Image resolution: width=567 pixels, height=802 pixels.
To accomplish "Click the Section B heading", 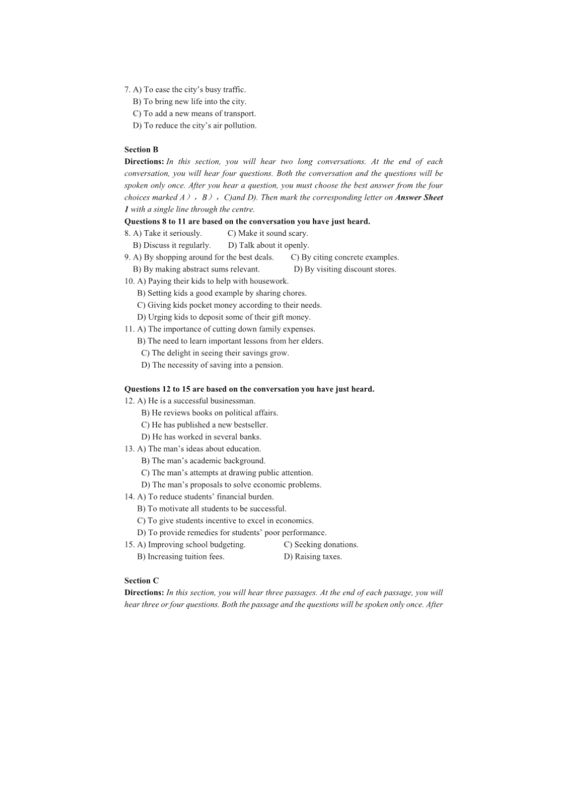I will pos(142,150).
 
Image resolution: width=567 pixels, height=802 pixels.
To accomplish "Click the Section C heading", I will pos(142,581).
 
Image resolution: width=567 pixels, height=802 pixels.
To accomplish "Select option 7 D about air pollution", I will pos(195,126).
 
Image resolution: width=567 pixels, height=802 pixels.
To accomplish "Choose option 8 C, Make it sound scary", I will pos(267,234).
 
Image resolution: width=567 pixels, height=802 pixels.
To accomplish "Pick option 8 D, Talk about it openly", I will pos(268,246).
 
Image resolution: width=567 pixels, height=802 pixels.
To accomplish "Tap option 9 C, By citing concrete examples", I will pos(344,258).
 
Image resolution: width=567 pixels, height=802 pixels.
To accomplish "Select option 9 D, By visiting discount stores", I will pos(344,270).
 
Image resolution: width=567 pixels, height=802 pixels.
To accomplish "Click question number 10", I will pos(129,282).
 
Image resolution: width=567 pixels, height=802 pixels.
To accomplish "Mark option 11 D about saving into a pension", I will pos(212,366).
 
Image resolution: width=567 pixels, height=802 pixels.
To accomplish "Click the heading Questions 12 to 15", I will pos(249,390).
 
